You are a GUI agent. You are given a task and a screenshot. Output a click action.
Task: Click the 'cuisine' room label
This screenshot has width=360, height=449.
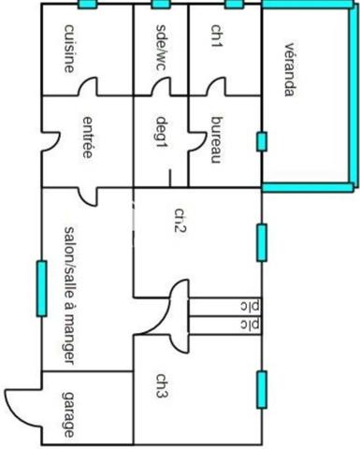[69, 49]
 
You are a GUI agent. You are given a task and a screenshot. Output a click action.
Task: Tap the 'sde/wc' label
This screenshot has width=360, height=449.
[161, 47]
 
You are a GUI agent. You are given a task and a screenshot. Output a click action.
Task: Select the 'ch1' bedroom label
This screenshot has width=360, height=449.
[217, 36]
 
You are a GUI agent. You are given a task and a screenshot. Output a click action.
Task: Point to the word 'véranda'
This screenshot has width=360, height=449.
[290, 69]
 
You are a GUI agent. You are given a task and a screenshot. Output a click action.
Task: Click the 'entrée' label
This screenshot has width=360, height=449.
[88, 138]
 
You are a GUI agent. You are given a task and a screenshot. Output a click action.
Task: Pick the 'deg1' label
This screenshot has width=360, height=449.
[162, 133]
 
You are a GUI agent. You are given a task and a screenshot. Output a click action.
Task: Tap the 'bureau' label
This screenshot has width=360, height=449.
[217, 140]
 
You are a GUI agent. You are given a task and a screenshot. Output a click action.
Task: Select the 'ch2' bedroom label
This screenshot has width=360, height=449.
[180, 221]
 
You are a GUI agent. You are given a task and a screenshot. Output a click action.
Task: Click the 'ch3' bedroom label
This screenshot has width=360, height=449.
[162, 385]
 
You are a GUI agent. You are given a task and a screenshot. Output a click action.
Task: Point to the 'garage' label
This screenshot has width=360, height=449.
[69, 414]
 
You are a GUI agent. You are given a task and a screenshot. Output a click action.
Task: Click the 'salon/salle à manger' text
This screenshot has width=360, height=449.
[70, 296]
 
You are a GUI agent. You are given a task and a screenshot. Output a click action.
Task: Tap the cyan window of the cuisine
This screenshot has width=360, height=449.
[87, 4]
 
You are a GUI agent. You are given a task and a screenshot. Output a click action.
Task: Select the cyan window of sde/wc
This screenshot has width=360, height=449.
[161, 4]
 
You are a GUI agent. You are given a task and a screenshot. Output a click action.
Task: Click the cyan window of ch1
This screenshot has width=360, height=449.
[234, 4]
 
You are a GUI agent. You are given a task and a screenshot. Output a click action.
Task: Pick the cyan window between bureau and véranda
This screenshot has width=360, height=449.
[262, 141]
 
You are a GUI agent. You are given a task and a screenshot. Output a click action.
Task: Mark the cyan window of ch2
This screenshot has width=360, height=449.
[262, 242]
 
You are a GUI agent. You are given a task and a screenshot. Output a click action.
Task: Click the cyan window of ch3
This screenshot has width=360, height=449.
[262, 390]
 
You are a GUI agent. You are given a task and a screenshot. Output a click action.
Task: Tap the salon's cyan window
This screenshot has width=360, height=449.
[42, 288]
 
